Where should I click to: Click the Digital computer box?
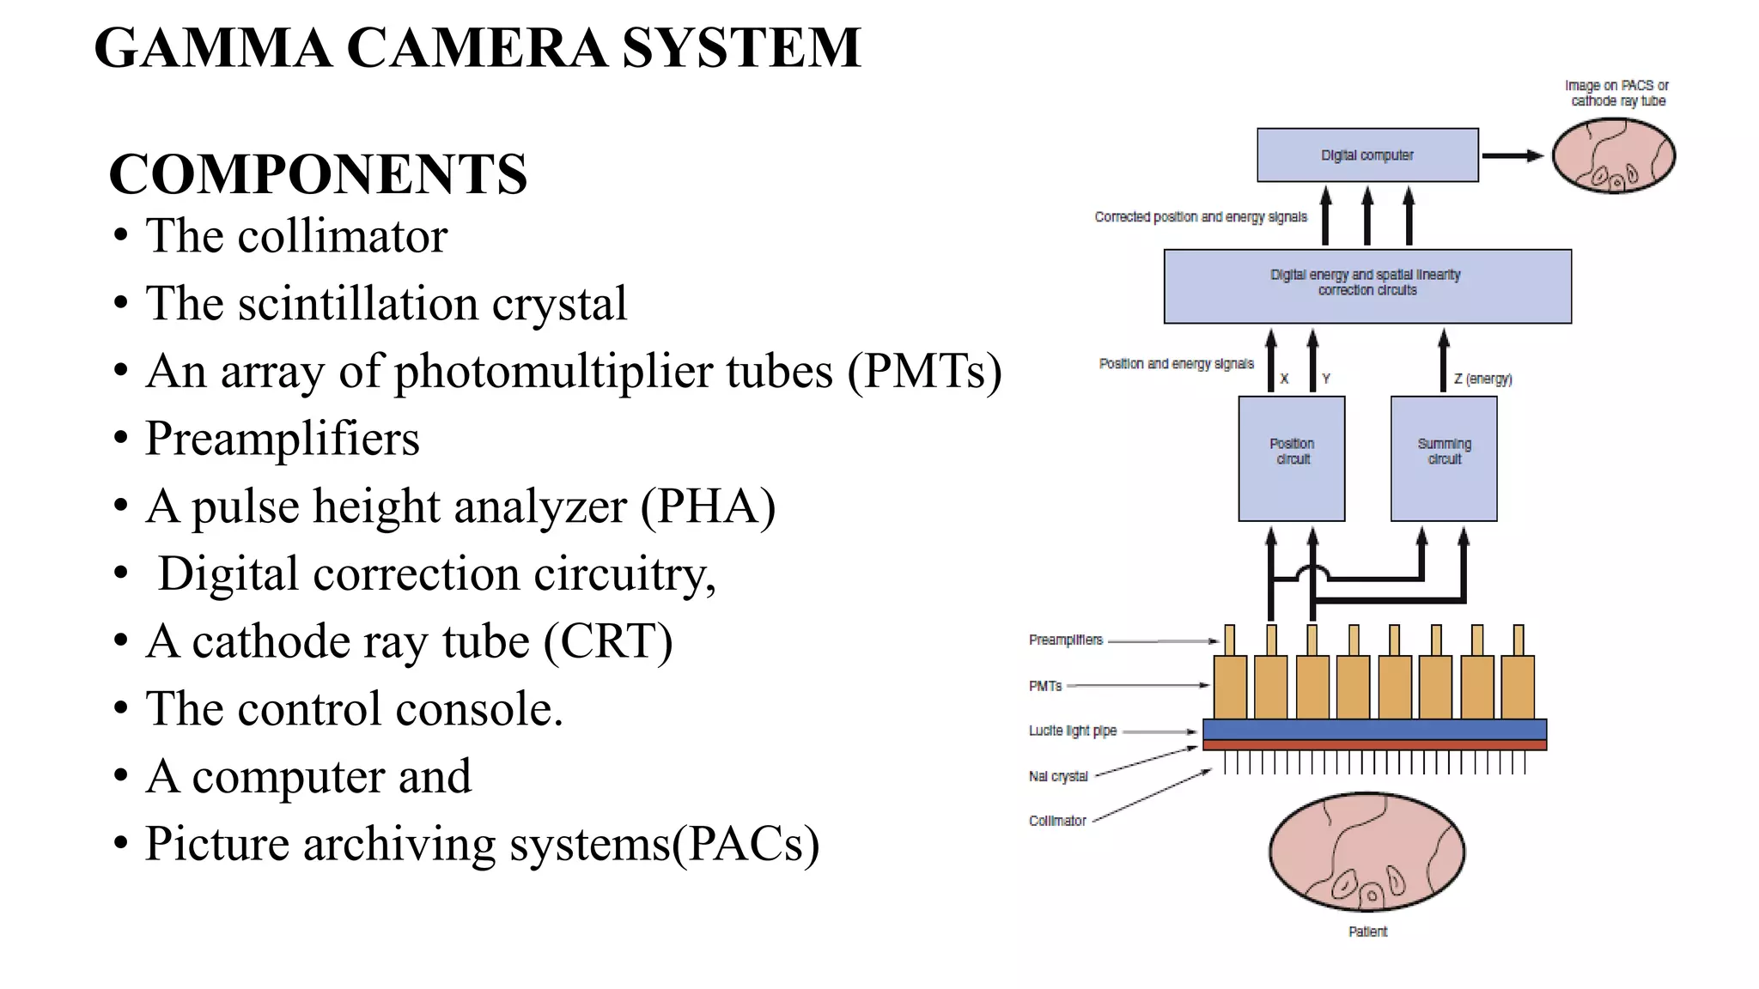[1367, 155]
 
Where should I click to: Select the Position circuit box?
[1292, 458]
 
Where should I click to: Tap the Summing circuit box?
[1444, 458]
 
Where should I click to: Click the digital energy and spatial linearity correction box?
[1367, 286]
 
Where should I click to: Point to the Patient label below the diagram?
[1367, 931]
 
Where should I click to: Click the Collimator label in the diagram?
[1057, 821]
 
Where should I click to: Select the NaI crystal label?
[1058, 776]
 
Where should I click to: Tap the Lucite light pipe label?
[1073, 731]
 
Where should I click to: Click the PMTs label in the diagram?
[1045, 686]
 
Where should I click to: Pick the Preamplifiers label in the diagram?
[1066, 640]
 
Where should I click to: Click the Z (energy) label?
[1483, 379]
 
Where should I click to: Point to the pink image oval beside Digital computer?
[1614, 155]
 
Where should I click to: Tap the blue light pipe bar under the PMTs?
[1374, 729]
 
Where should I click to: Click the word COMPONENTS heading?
[318, 174]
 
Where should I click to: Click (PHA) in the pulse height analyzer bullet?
[708, 506]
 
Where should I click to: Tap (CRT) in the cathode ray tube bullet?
[608, 641]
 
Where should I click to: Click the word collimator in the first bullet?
[342, 236]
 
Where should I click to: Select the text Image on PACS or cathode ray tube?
[1617, 93]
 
